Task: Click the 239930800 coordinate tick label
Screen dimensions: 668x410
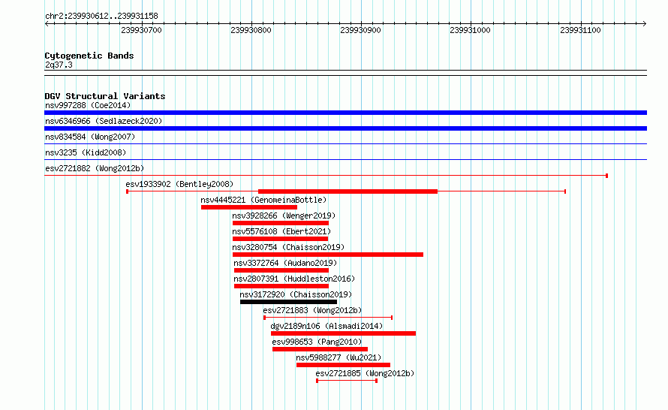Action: [x=251, y=30]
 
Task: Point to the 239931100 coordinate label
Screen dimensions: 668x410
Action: [x=580, y=30]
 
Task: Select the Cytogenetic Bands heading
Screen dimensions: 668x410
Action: [x=89, y=56]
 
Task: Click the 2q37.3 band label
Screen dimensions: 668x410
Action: [x=59, y=65]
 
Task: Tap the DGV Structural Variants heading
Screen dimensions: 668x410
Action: [x=105, y=96]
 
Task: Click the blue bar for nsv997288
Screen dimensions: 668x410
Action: [x=345, y=113]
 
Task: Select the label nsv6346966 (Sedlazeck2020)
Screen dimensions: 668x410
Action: [x=104, y=121]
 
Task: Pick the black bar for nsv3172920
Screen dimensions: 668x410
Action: [x=288, y=302]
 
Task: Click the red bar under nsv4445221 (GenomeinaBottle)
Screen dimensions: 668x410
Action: [x=248, y=207]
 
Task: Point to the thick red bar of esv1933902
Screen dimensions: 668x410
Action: [x=348, y=191]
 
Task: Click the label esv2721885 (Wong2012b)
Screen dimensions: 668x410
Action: [x=365, y=373]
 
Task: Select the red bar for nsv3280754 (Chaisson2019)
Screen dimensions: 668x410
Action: [x=327, y=255]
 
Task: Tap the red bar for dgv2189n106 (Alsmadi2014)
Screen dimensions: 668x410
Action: [x=343, y=333]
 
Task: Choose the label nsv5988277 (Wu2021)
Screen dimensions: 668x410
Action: [x=339, y=357]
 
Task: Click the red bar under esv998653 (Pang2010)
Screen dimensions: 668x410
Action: [x=320, y=349]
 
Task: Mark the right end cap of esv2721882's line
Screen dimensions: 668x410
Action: [x=606, y=176]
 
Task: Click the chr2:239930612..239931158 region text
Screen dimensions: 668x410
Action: [x=101, y=17]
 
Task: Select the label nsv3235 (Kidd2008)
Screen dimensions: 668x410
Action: [x=86, y=152]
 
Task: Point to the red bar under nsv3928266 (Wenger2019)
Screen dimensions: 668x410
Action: [x=280, y=223]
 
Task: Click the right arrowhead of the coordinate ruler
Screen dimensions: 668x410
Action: [x=645, y=24]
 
